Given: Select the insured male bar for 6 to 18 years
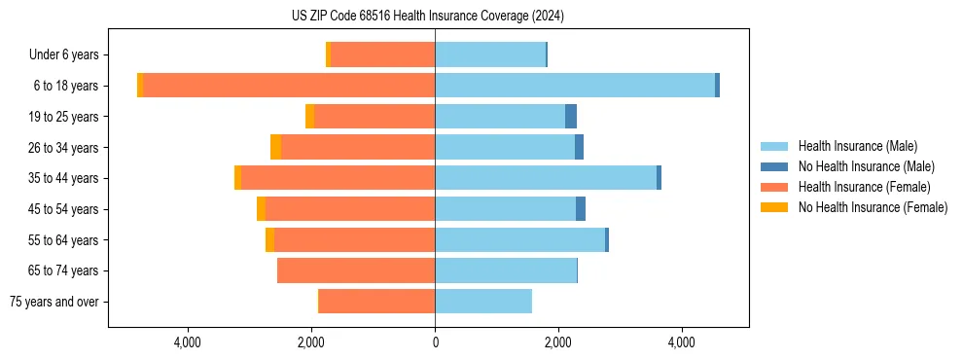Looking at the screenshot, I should pyautogui.click(x=575, y=86).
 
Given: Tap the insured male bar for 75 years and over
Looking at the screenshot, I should pyautogui.click(x=483, y=302).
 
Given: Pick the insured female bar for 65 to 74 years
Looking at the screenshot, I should pyautogui.click(x=356, y=270).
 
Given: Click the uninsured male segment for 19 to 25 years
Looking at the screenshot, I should pyautogui.click(x=571, y=117).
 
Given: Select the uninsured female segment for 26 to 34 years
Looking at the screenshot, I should pyautogui.click(x=275, y=147).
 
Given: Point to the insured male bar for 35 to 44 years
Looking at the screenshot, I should pyautogui.click(x=546, y=178).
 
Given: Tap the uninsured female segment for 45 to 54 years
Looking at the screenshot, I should pyautogui.click(x=261, y=209).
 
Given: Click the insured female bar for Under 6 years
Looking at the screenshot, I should pyautogui.click(x=382, y=54).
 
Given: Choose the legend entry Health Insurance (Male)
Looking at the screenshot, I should pyautogui.click(x=857, y=146).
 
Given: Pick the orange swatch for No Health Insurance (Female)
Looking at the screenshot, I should pyautogui.click(x=775, y=207).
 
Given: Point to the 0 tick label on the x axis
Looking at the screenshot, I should pyautogui.click(x=435, y=342).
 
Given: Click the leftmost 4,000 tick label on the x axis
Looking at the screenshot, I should pyautogui.click(x=187, y=342).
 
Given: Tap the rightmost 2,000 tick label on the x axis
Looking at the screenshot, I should pyautogui.click(x=558, y=342).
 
